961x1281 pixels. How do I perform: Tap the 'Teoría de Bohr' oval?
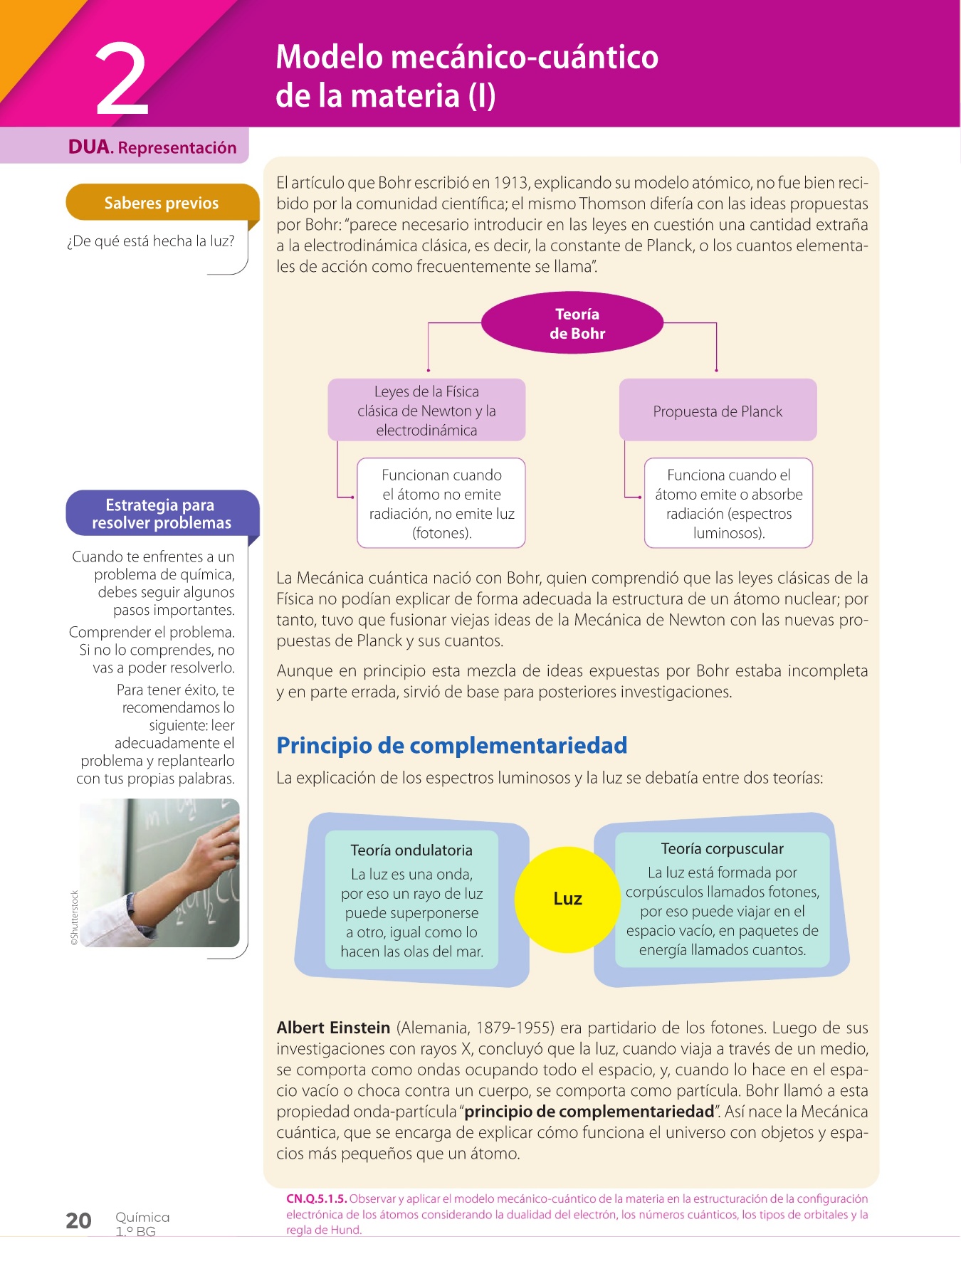pyautogui.click(x=573, y=323)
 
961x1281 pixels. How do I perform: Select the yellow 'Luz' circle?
pyautogui.click(x=567, y=899)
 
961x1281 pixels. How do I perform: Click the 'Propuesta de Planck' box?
pyautogui.click(x=718, y=411)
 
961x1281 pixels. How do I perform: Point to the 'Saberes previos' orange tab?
pyautogui.click(x=162, y=203)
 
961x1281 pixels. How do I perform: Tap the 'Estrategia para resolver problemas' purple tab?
pyautogui.click(x=162, y=513)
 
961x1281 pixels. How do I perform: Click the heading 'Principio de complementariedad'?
pyautogui.click(x=451, y=745)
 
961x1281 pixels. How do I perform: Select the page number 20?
pyautogui.click(x=78, y=1221)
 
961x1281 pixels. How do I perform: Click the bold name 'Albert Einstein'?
pyautogui.click(x=333, y=1028)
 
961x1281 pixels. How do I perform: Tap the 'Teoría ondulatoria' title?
pyautogui.click(x=411, y=850)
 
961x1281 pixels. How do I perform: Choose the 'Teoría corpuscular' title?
pyautogui.click(x=722, y=848)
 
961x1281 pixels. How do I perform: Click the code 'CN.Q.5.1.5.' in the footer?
pyautogui.click(x=316, y=1198)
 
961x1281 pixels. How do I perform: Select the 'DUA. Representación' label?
pyautogui.click(x=152, y=147)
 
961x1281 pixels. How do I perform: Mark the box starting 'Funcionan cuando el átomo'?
pyautogui.click(x=441, y=503)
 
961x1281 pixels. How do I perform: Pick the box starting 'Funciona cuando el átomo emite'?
pyautogui.click(x=728, y=503)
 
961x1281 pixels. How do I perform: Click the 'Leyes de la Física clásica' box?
pyautogui.click(x=426, y=410)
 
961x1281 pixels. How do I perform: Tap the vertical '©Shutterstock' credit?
pyautogui.click(x=74, y=918)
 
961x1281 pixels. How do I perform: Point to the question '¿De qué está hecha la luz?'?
pyautogui.click(x=150, y=241)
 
